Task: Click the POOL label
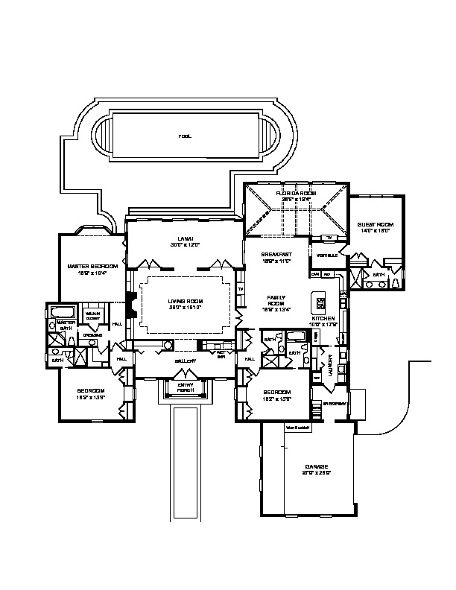pos(185,136)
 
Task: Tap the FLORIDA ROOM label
pos(296,194)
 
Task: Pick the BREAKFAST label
pos(276,255)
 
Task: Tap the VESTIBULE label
pos(327,256)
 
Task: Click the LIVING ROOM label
pos(184,301)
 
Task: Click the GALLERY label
pos(186,361)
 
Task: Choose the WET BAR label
pos(221,354)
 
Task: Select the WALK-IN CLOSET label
pos(92,315)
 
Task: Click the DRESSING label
pos(93,334)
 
